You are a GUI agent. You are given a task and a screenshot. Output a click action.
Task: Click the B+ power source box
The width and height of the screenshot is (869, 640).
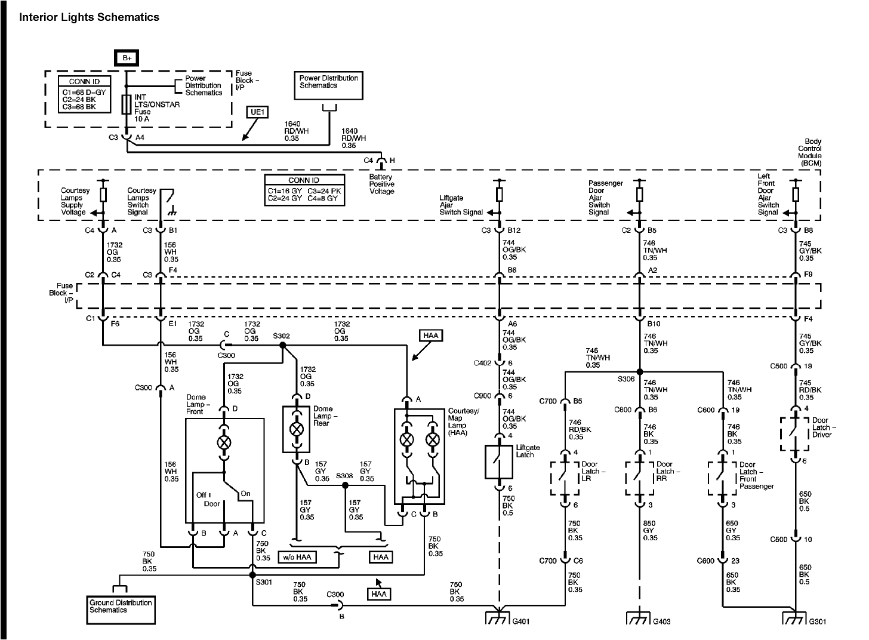click(x=127, y=58)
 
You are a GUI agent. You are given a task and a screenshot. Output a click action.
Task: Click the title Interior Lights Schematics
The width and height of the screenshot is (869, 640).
click(x=89, y=17)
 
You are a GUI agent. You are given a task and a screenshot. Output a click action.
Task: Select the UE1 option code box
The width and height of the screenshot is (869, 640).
click(x=258, y=112)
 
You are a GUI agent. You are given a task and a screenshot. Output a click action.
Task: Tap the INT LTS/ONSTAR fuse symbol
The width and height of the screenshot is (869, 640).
click(x=126, y=104)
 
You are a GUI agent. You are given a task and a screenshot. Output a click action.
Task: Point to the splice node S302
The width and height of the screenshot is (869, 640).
click(x=282, y=344)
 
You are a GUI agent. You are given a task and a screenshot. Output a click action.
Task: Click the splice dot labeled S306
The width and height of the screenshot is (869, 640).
click(x=639, y=371)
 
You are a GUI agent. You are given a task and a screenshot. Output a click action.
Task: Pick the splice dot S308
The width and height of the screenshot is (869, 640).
click(x=344, y=485)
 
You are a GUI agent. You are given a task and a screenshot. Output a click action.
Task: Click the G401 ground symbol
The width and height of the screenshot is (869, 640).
click(x=498, y=618)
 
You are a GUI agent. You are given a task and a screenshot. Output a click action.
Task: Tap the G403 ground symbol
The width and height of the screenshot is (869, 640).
click(x=639, y=618)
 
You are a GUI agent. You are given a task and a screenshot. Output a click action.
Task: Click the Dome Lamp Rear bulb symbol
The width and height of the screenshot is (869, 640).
click(x=296, y=429)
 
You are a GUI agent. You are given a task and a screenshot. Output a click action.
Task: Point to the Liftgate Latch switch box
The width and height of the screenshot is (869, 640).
click(x=498, y=462)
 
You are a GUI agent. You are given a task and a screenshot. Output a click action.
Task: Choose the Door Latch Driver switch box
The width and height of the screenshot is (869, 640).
click(x=795, y=433)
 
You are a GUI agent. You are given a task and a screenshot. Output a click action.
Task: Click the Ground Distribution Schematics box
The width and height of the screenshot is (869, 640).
click(x=121, y=610)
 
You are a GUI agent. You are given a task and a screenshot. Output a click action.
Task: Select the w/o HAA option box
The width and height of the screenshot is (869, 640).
click(x=297, y=557)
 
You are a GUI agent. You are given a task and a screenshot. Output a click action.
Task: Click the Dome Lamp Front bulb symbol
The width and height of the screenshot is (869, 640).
click(x=224, y=442)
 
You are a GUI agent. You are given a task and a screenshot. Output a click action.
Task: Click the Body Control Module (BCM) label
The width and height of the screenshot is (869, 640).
click(x=809, y=152)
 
